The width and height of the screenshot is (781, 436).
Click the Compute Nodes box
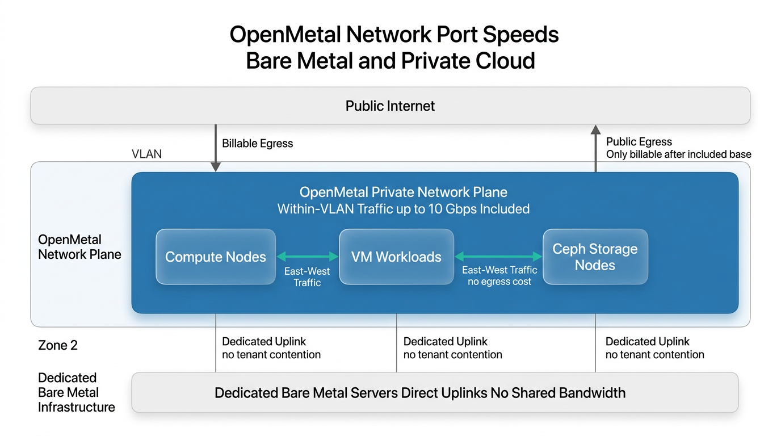216,257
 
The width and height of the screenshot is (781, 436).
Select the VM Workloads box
396,257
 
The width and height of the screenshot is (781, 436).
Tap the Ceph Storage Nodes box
595,257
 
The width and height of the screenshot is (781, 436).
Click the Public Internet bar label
390,106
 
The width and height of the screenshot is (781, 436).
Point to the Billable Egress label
257,144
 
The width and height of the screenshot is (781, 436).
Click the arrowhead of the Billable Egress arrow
216,167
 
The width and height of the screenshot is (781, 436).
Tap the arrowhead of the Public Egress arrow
595,129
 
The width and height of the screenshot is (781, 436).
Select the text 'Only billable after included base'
678,154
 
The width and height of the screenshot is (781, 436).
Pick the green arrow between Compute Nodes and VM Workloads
307,256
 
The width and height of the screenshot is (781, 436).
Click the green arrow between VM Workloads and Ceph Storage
498,256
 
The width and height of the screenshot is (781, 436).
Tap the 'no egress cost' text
499,282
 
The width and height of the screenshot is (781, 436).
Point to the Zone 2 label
58,345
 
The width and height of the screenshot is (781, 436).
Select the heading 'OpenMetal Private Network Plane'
403,192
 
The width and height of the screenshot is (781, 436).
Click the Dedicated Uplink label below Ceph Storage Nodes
647,342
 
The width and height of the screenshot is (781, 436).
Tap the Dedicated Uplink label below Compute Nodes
264,342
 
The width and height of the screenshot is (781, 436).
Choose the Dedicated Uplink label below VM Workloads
445,342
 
